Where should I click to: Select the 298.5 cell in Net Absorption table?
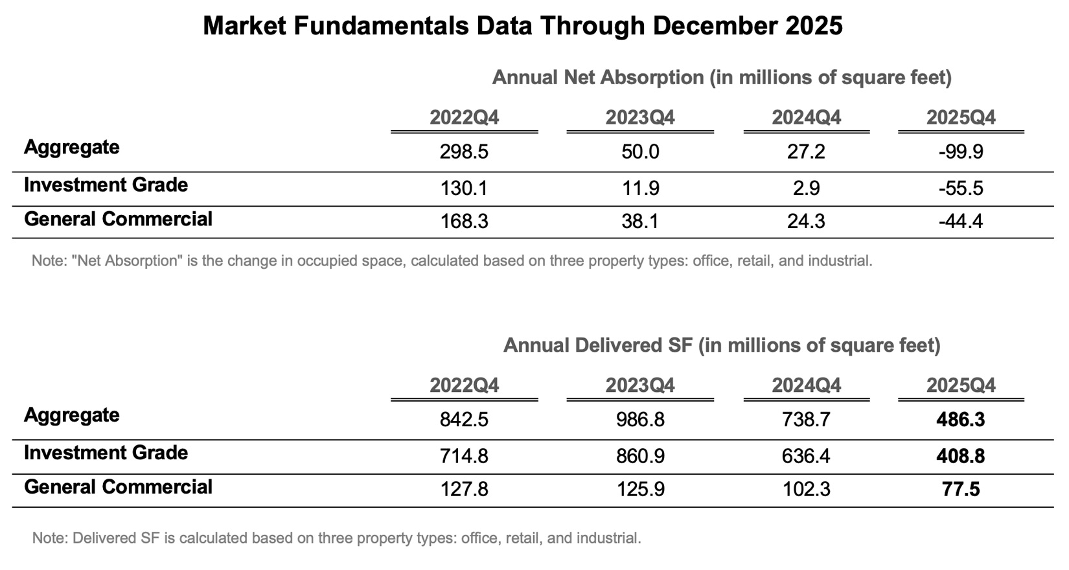pos(464,152)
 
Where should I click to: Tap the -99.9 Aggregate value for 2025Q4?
pos(961,152)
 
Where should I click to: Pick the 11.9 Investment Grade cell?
pos(640,188)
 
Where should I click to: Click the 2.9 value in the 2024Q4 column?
pos(806,188)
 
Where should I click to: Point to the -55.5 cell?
pos(961,188)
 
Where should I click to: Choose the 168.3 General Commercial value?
pos(464,222)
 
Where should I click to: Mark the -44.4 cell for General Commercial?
pos(961,222)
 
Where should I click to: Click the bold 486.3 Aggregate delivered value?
pos(961,420)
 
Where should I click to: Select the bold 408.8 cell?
pos(961,457)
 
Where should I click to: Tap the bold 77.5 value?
pos(961,490)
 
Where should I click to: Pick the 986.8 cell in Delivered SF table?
pos(640,420)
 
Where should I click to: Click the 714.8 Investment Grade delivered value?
pos(464,457)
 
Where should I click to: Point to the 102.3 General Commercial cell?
pos(806,490)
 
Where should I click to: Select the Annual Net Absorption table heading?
pos(722,78)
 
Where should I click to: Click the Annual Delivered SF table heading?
pos(722,345)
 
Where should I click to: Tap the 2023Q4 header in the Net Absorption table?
pos(640,118)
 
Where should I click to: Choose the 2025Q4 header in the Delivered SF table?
pos(961,385)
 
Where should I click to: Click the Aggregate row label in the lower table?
pos(72,415)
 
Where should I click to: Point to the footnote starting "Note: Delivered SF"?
pos(336,538)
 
